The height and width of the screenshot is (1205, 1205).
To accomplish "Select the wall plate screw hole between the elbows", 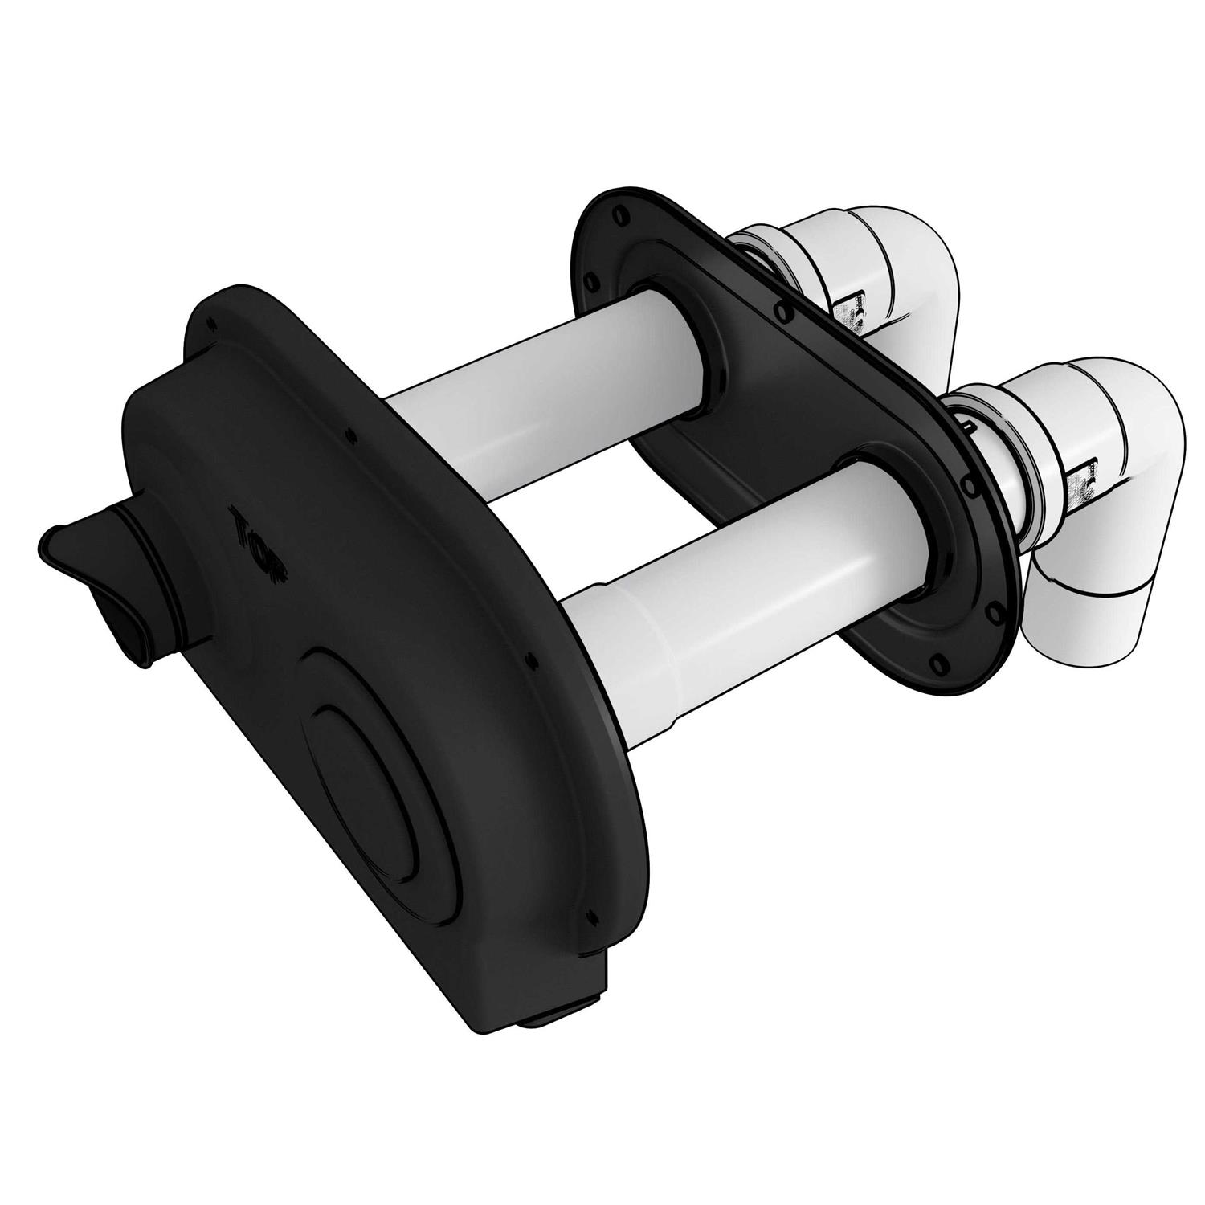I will click(x=777, y=305).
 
